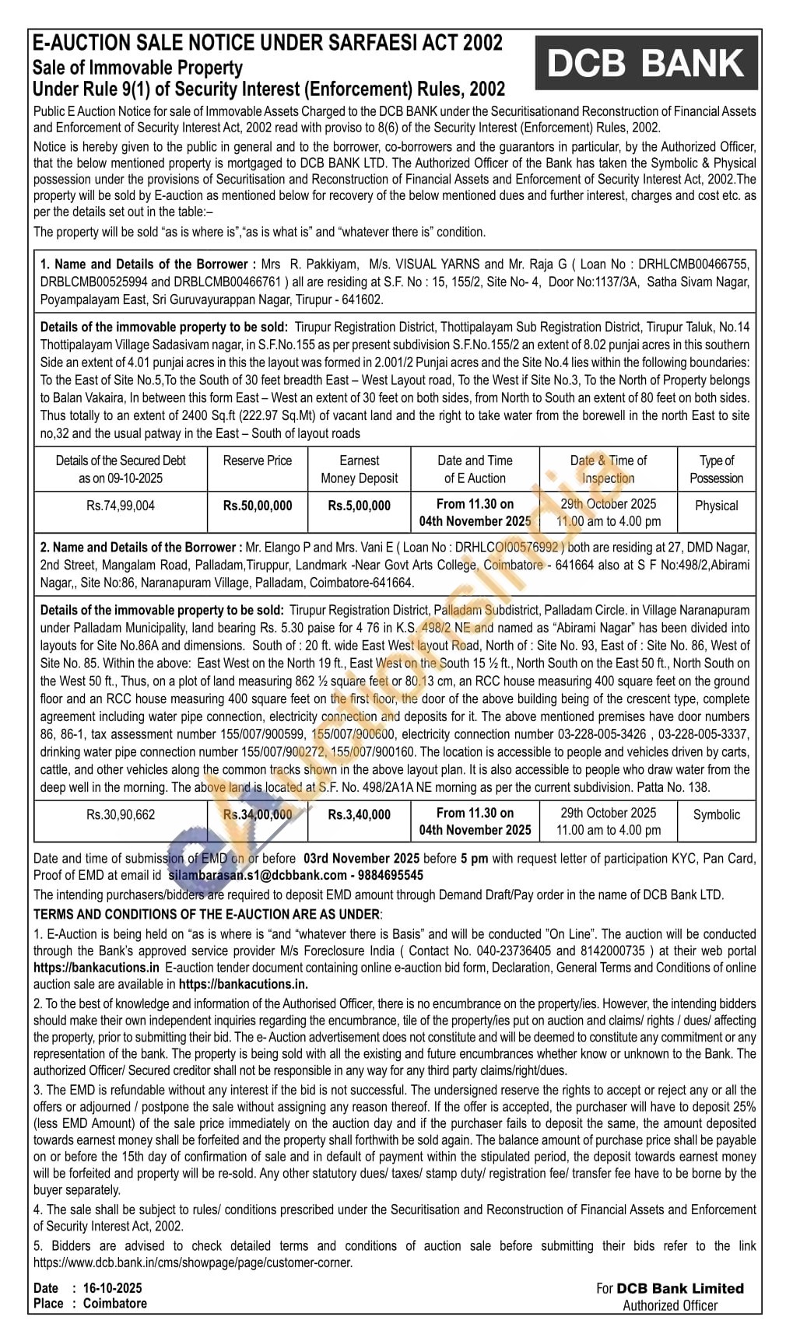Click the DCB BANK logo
tap(645, 63)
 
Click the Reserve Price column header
tap(258, 460)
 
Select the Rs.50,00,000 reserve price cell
tap(258, 506)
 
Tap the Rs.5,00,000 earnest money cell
tap(359, 506)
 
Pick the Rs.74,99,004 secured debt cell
tap(121, 506)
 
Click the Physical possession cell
tap(716, 506)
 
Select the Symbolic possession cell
tap(716, 814)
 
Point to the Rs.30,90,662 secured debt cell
tap(121, 814)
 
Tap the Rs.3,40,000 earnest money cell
tap(359, 814)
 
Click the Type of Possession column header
tap(716, 469)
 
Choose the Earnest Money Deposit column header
tap(359, 469)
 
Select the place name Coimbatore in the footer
tap(115, 1303)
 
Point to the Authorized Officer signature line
tap(670, 1305)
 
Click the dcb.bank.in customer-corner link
tap(193, 1262)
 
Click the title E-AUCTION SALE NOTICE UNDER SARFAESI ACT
tap(268, 43)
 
